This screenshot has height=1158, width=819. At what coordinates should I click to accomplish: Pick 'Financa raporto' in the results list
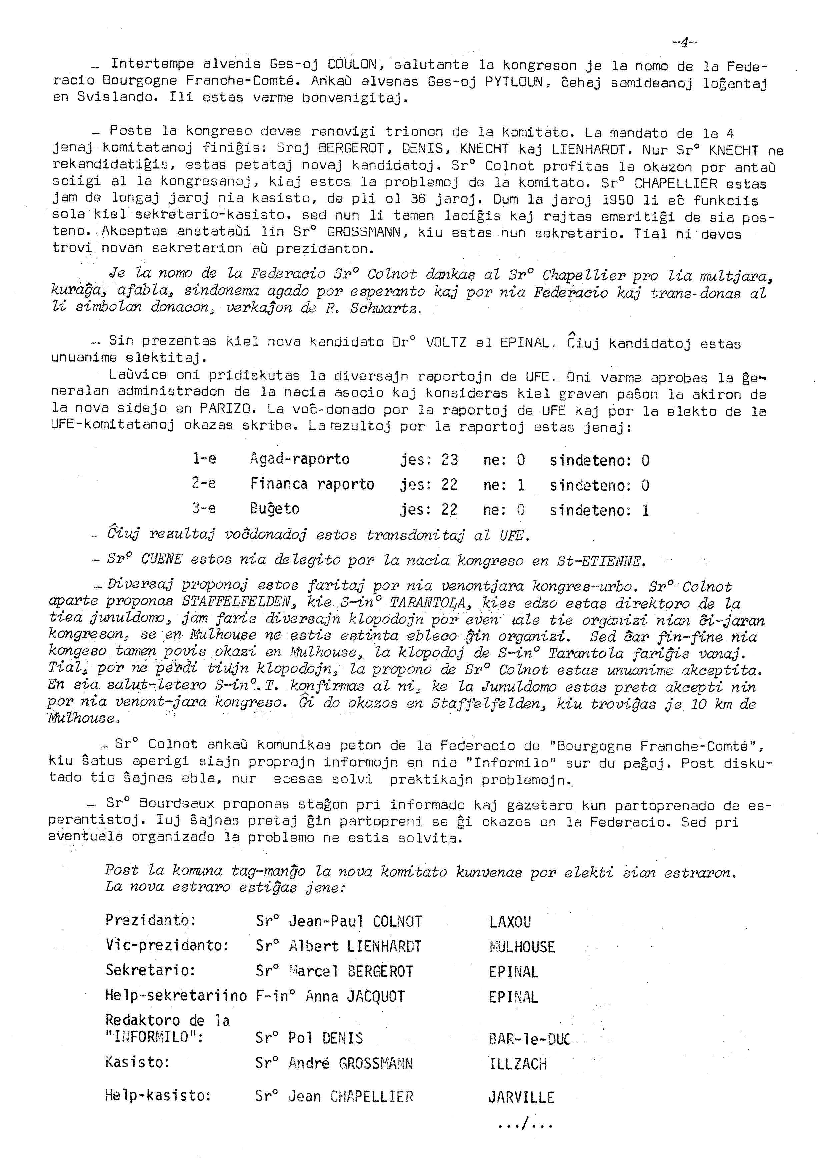[x=312, y=485]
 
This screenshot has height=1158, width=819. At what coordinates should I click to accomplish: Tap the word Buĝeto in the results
[x=274, y=509]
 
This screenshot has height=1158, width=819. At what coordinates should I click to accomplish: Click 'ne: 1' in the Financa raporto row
[x=503, y=485]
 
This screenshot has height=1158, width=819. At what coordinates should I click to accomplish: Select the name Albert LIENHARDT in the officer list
[x=354, y=946]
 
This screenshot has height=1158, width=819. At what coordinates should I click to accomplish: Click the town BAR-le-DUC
[x=529, y=1039]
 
